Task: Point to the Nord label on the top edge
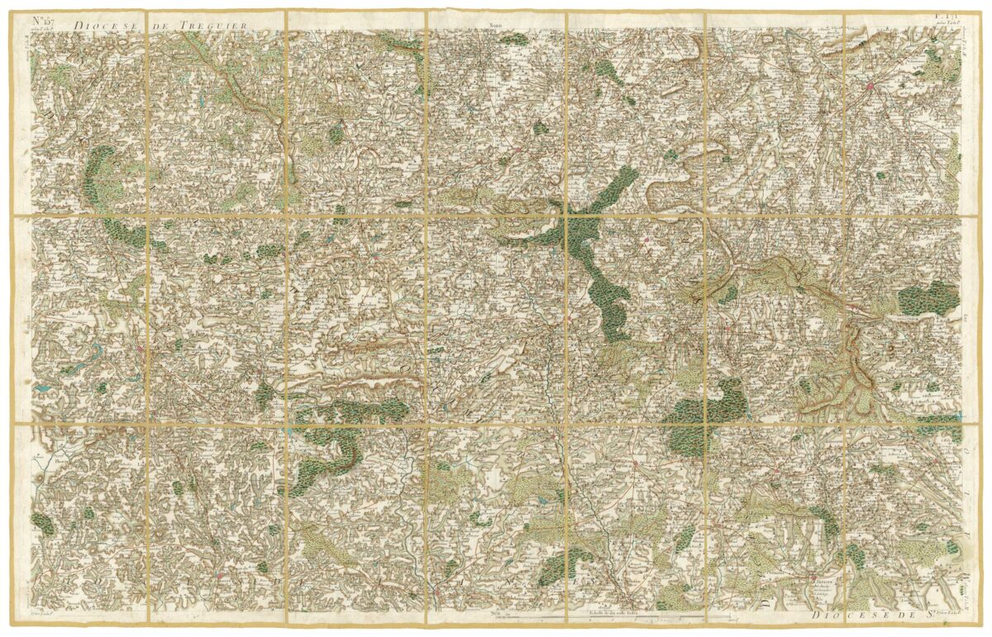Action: pyautogui.click(x=495, y=26)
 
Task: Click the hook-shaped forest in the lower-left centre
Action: pyautogui.click(x=331, y=450)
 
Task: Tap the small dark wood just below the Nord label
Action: pyautogui.click(x=514, y=38)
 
